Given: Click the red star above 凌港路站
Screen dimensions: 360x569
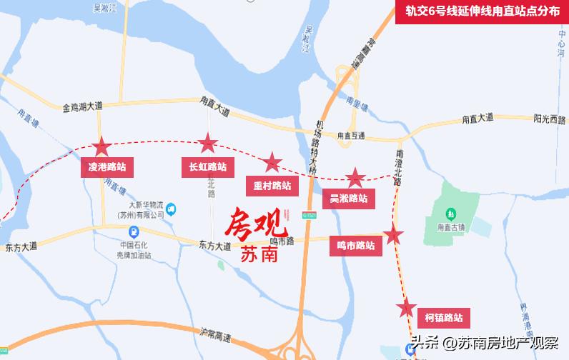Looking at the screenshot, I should (101, 146).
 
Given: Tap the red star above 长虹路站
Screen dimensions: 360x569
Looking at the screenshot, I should (208, 144).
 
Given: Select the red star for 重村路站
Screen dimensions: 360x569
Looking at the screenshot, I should (272, 163).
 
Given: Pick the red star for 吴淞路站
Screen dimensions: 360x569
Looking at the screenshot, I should (355, 178).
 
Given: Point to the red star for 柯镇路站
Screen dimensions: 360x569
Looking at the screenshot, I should (406, 309).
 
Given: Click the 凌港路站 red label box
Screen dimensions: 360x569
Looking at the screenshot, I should (107, 167).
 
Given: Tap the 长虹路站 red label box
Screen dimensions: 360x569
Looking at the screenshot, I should (207, 167).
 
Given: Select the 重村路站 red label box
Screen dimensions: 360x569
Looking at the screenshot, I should (272, 186).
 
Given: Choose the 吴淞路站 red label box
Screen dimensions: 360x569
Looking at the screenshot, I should (348, 199).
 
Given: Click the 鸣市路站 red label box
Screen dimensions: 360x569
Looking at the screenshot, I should (355, 246).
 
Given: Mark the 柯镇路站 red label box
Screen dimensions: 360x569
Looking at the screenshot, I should (443, 318).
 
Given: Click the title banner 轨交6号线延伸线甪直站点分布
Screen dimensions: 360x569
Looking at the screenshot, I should (482, 11).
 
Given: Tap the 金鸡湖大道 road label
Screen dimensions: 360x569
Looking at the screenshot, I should (82, 106).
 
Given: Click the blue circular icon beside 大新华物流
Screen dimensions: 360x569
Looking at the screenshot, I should (171, 209).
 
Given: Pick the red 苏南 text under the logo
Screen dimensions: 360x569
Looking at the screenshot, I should (259, 254).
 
